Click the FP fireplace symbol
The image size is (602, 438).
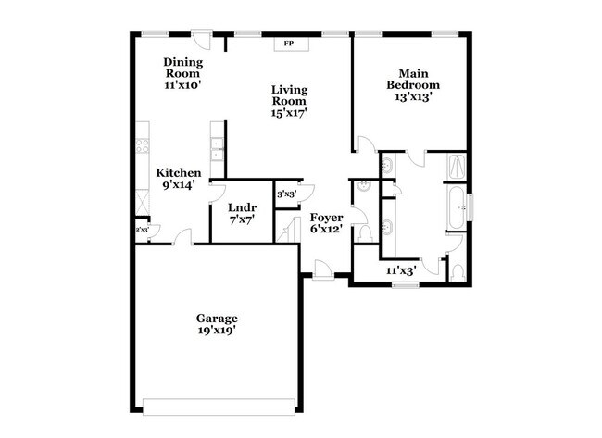(x=288, y=44)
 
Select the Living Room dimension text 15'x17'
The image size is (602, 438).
(x=289, y=112)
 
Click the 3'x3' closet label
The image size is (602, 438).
(x=287, y=194)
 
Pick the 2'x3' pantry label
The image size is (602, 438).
(x=142, y=229)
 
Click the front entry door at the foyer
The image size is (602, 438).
(x=322, y=269)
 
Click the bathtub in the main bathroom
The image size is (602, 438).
(x=458, y=208)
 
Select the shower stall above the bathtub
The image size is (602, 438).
(x=458, y=168)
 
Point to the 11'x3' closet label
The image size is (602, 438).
(x=400, y=270)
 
